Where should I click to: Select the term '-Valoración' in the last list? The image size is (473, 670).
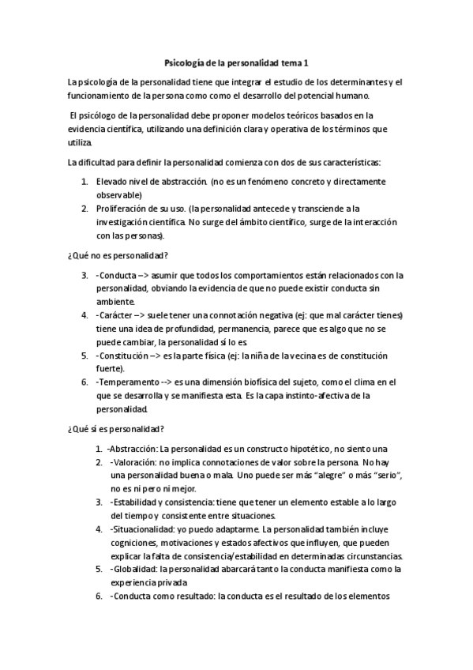[135, 461]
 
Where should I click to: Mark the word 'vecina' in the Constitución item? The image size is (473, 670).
[297, 356]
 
